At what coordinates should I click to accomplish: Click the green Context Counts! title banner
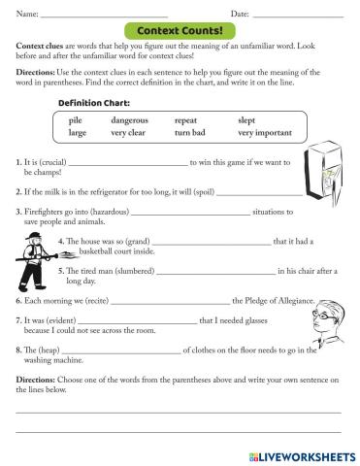point(180,32)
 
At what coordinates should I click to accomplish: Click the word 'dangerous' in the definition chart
point(129,119)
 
